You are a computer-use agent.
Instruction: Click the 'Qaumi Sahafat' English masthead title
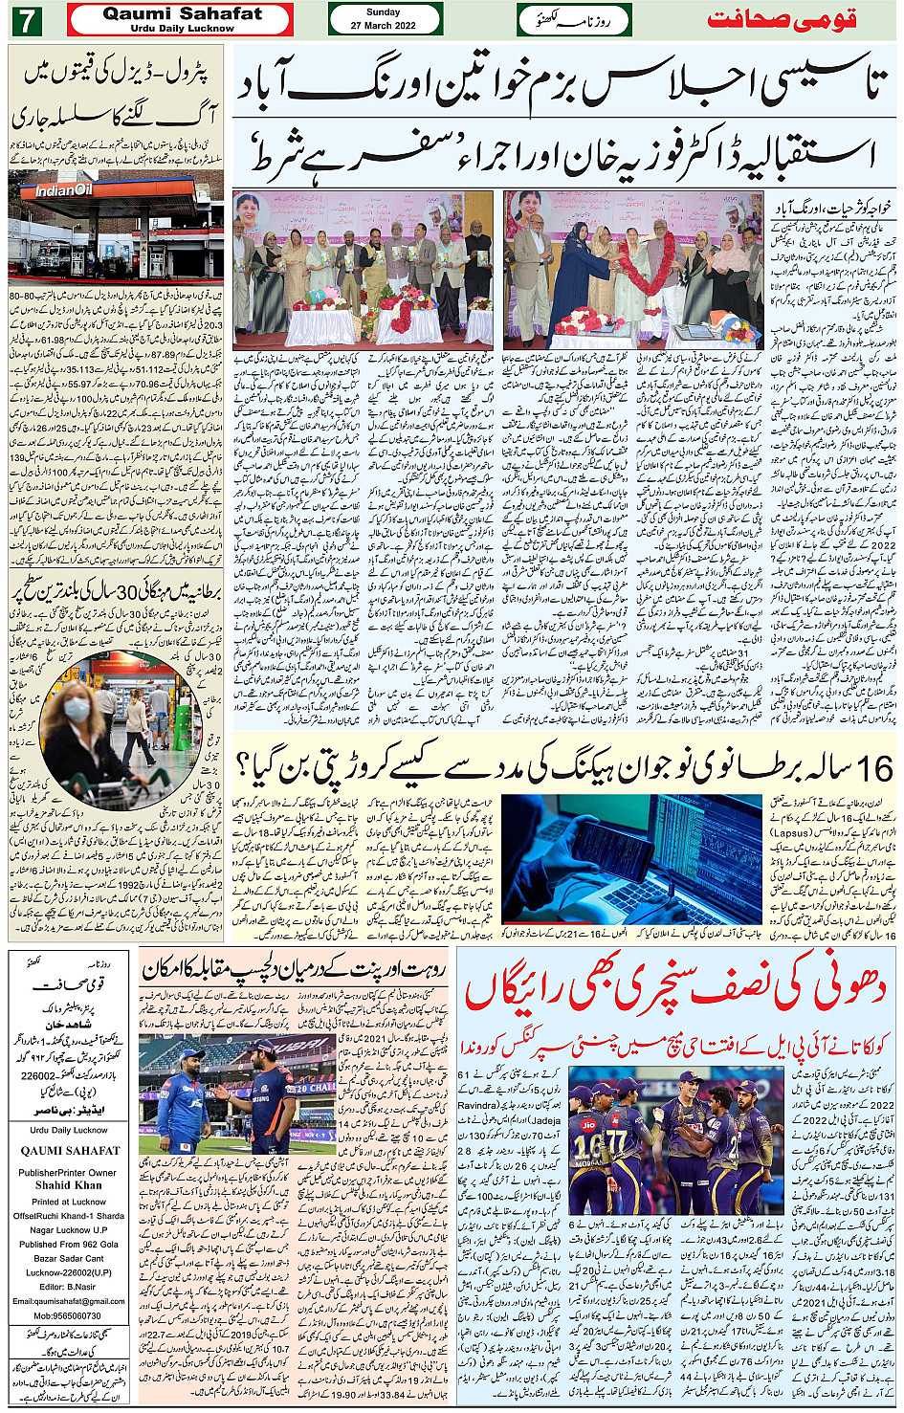[182, 13]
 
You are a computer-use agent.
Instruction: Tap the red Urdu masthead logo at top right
[782, 19]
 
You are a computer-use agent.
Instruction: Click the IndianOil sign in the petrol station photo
[65, 190]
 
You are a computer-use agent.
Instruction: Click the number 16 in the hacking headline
[873, 768]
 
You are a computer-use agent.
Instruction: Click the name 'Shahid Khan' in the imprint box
[68, 1184]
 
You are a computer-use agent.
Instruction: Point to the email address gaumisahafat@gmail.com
[68, 1301]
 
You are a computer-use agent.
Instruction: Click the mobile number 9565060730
[68, 1315]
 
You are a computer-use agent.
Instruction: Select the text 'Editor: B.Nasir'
[68, 1287]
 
